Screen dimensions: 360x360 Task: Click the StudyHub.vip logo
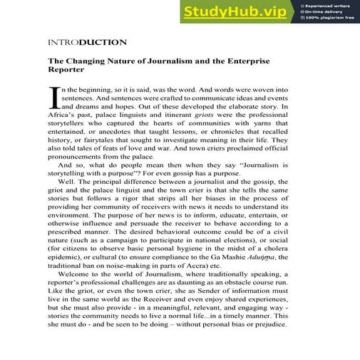coord(228,12)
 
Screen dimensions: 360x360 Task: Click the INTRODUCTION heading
coord(87,42)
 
